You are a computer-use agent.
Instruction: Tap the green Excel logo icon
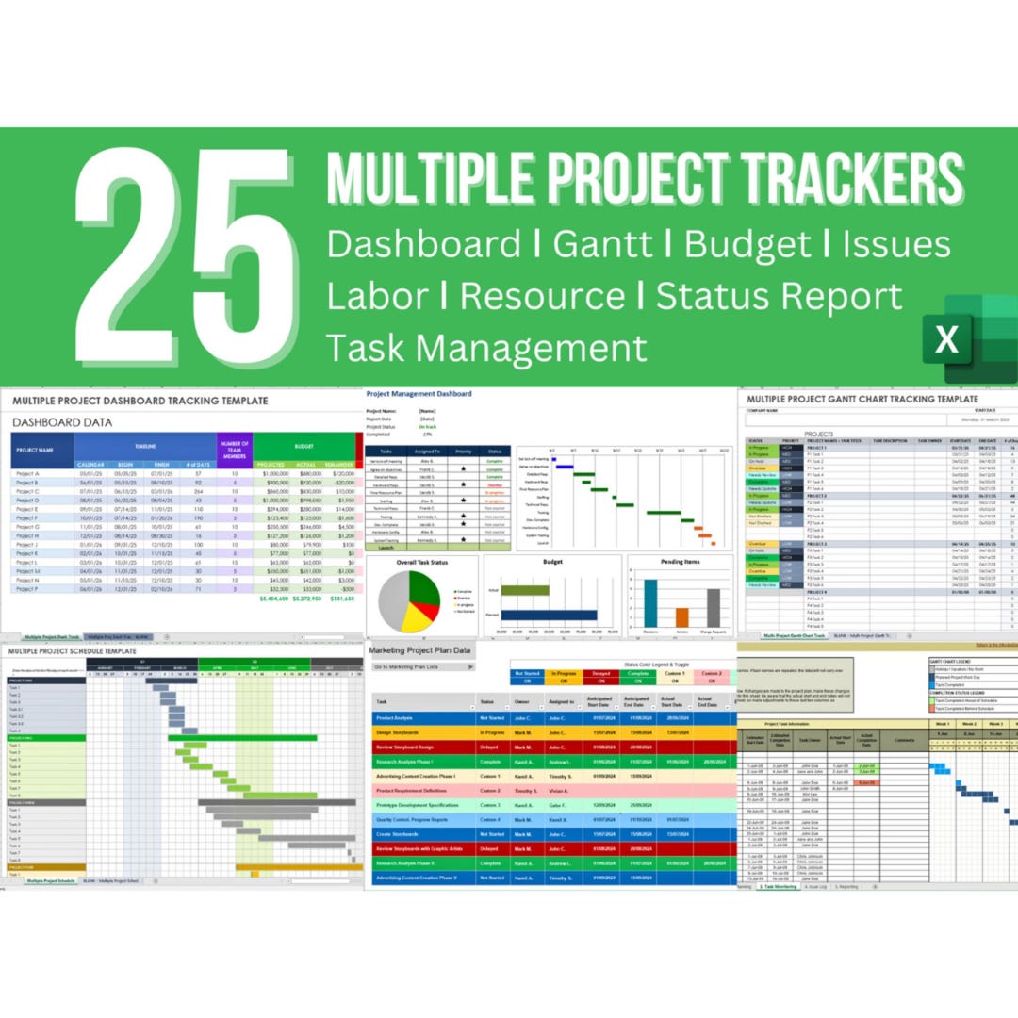click(x=961, y=337)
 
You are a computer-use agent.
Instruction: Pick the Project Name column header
click(x=35, y=450)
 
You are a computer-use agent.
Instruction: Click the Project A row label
click(x=28, y=473)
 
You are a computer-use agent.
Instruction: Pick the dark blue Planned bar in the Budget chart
click(x=549, y=615)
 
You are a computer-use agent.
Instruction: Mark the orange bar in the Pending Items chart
click(x=681, y=616)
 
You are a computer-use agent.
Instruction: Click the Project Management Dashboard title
click(x=419, y=393)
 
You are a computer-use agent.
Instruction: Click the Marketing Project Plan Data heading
click(x=420, y=650)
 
